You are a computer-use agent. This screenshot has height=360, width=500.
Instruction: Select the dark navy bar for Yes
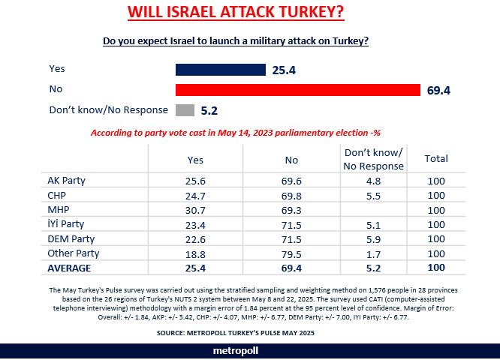tap(220, 70)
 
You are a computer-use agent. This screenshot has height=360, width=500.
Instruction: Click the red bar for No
tap(297, 90)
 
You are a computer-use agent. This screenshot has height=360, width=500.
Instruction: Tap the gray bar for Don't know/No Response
tap(185, 110)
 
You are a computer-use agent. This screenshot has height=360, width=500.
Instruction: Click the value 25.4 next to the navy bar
tap(285, 70)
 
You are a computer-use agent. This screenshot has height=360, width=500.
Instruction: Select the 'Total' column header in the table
tap(436, 159)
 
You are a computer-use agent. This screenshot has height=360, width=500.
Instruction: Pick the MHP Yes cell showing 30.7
tap(195, 210)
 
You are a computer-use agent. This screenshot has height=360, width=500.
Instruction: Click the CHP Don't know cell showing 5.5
tap(373, 196)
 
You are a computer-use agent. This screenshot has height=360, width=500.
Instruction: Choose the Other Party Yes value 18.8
tap(195, 253)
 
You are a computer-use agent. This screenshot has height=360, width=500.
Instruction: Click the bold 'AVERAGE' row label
tap(71, 267)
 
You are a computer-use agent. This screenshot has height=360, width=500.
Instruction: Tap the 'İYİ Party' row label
tap(65, 225)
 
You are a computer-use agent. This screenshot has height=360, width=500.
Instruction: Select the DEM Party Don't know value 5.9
tap(373, 239)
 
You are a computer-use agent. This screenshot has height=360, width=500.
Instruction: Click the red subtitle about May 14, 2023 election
tap(236, 133)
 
